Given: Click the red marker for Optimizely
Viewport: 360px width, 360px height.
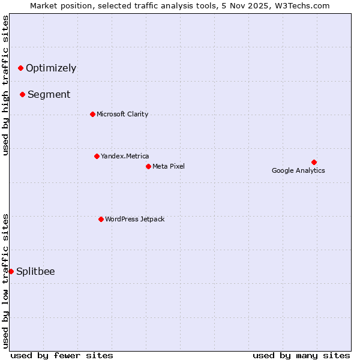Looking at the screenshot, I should (x=20, y=68).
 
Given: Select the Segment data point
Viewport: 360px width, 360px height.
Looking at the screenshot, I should (x=22, y=94).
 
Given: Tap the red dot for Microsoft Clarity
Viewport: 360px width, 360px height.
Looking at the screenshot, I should (x=92, y=114).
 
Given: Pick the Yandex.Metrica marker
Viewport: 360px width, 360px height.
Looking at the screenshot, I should (x=97, y=156).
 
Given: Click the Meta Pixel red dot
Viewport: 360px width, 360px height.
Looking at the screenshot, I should (x=148, y=166).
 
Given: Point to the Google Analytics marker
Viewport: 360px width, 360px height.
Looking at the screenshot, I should (x=314, y=162).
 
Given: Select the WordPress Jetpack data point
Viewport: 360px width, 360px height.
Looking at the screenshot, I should (x=101, y=219).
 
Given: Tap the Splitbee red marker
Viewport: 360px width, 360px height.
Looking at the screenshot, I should (x=11, y=271).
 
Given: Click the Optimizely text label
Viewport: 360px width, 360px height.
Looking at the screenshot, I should (x=51, y=68).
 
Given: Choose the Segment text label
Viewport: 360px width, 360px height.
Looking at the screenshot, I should (x=49, y=94).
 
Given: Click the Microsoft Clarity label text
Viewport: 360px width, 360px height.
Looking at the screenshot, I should (x=122, y=114).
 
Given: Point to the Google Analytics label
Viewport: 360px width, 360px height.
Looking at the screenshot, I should (x=298, y=170).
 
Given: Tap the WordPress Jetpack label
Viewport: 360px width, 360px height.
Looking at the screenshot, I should (x=134, y=219).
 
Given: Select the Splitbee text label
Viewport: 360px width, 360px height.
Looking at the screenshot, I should (x=35, y=271).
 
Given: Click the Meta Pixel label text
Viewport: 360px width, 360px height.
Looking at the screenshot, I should (x=169, y=166).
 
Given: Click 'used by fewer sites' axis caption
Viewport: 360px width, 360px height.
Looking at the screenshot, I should (x=62, y=355).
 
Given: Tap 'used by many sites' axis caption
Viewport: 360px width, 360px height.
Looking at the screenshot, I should (x=301, y=355).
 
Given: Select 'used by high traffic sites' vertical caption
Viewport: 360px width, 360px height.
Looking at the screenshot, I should (x=5, y=85).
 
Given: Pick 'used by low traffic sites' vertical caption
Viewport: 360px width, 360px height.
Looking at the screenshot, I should (x=5, y=281).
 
